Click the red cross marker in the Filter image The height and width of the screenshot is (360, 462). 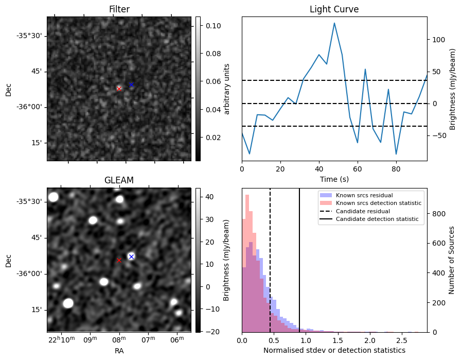coord(119,89)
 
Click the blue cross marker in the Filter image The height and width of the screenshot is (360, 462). coord(131,84)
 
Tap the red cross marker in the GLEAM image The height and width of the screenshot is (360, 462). coord(119,261)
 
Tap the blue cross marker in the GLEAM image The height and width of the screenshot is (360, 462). coord(131,256)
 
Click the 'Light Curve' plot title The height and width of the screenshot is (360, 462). coord(334,9)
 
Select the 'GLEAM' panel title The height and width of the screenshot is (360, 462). coord(119,180)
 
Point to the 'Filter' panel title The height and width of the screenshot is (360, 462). coord(119,9)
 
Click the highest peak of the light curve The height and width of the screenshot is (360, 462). coord(334,23)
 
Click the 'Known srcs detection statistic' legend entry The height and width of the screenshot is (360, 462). coord(378,203)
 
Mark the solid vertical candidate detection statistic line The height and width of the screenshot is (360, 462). coord(299,268)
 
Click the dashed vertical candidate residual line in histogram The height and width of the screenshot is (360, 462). coord(270,268)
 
